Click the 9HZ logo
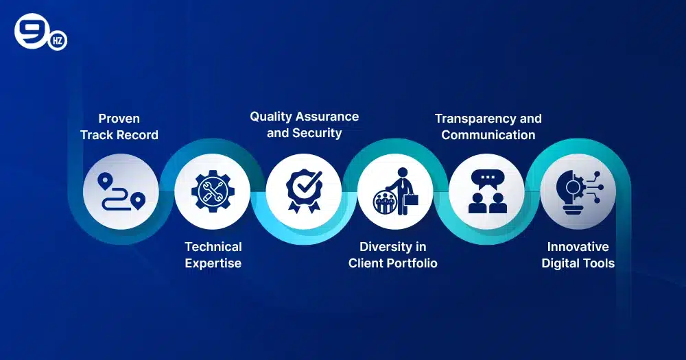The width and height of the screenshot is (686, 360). pyautogui.click(x=40, y=34)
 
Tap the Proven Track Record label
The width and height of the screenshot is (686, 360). pyautogui.click(x=119, y=127)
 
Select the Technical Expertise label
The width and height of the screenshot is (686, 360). pyautogui.click(x=213, y=254)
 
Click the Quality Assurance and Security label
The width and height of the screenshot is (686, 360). pyautogui.click(x=304, y=124)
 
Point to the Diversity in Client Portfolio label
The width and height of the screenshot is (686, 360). pyautogui.click(x=392, y=254)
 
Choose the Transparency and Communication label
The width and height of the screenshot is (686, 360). pyautogui.click(x=488, y=126)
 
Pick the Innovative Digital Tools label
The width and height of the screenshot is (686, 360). pyautogui.click(x=578, y=254)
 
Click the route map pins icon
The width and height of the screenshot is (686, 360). pyautogui.click(x=121, y=191)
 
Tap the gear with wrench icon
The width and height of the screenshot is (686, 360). pyautogui.click(x=212, y=191)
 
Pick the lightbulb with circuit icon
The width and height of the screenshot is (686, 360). pyautogui.click(x=578, y=191)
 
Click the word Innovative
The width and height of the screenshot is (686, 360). pyautogui.click(x=578, y=246)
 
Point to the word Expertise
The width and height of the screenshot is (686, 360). pyautogui.click(x=213, y=263)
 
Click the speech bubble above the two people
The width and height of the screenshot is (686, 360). pyautogui.click(x=487, y=178)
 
